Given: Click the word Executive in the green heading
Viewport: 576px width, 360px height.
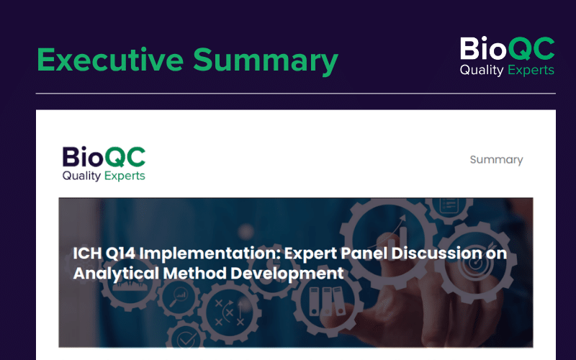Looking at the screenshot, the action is [110, 60].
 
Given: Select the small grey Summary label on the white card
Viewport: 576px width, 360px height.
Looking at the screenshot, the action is [496, 160].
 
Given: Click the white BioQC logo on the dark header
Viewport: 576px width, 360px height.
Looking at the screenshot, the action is [508, 56].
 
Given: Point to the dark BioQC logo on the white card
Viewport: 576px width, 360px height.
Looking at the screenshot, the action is [104, 164].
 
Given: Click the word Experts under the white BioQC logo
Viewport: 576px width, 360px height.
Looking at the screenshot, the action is [531, 70].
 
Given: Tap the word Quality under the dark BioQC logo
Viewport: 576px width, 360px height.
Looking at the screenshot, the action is [81, 176].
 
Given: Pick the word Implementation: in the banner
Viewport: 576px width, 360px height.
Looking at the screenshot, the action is [210, 254].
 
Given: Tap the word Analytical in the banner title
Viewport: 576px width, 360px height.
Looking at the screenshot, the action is [116, 274].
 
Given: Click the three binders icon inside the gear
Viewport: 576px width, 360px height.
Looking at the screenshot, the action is [327, 301].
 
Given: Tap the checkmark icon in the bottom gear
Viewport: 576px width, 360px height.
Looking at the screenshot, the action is [187, 340].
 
